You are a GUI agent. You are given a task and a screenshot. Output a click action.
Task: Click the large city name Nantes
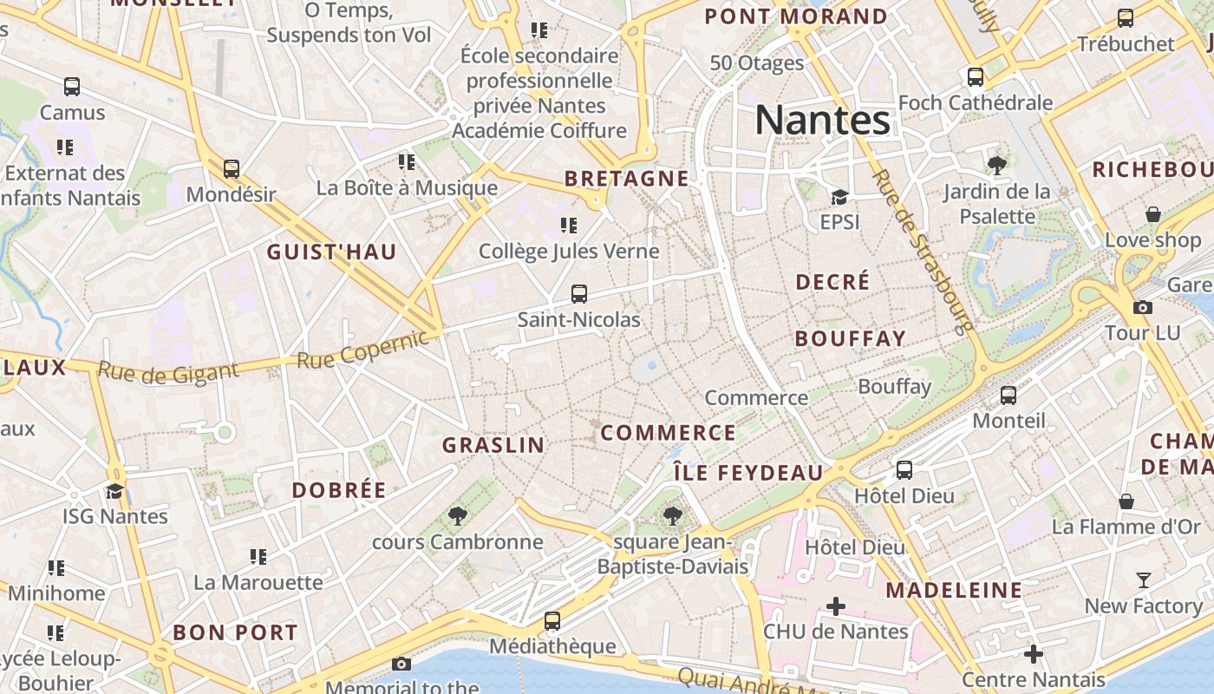[x=822, y=120]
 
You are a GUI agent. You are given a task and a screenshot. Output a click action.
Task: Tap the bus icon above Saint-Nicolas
[x=578, y=293]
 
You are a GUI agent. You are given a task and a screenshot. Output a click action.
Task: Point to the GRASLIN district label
[x=493, y=445]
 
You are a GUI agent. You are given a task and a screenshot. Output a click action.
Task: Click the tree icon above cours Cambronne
[x=457, y=516]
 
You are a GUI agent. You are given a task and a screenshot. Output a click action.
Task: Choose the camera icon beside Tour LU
[x=1143, y=307]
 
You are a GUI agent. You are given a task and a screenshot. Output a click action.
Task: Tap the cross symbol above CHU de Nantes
[x=835, y=606]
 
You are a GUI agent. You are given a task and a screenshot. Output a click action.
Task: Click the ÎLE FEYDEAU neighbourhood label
[x=748, y=473]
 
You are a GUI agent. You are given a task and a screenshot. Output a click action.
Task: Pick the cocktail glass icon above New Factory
[x=1143, y=579]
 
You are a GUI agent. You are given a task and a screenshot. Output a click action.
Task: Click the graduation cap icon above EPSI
[x=839, y=197]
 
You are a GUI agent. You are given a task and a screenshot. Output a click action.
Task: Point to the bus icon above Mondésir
[x=231, y=168]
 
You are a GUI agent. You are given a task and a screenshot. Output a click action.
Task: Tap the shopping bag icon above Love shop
[x=1152, y=213]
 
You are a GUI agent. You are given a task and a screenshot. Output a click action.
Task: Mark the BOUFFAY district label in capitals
[x=850, y=338]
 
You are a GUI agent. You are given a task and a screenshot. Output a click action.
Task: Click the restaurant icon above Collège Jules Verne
[x=569, y=226]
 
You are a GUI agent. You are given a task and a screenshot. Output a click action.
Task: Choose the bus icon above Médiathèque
[x=552, y=620]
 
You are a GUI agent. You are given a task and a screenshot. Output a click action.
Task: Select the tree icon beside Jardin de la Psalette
[x=996, y=165]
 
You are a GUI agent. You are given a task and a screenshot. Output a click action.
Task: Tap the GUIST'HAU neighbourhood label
[x=331, y=252]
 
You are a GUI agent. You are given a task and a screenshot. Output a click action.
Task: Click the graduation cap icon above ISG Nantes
[x=114, y=491]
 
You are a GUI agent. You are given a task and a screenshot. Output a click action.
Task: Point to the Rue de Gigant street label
[x=167, y=371]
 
